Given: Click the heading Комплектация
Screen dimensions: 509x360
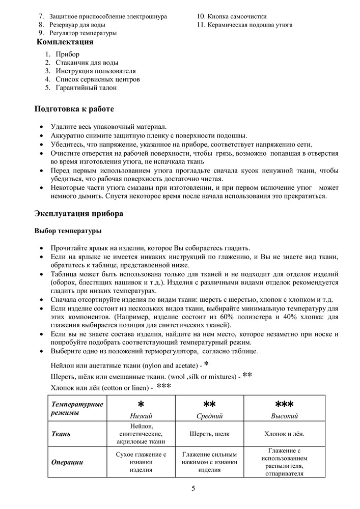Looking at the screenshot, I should point(65,42).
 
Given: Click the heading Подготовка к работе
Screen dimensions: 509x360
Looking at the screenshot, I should point(74,109).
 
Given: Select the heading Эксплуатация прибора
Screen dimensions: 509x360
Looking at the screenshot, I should point(78,214).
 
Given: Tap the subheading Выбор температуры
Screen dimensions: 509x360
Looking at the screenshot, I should point(68,231).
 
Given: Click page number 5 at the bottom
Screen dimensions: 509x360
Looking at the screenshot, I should point(193,489).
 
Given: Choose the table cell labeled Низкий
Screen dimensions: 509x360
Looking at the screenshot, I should point(141,416).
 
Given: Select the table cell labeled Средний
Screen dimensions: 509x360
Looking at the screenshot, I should point(210,416).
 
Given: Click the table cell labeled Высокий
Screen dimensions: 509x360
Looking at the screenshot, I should point(284,416).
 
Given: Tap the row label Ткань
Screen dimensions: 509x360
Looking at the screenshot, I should point(61,434).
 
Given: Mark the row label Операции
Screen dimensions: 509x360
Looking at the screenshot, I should point(67,462).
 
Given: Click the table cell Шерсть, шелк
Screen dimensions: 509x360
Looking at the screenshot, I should point(210,434).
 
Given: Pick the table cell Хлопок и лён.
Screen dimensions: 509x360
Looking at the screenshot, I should point(284,434).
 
